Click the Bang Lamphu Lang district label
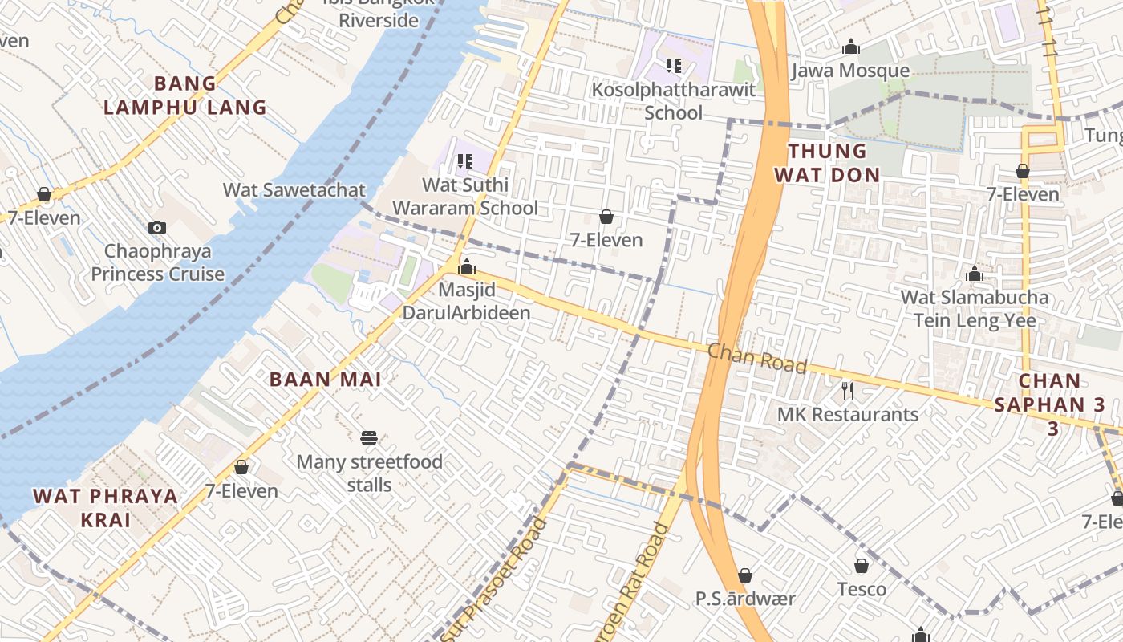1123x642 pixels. pyautogui.click(x=185, y=95)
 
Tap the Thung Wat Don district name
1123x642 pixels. pyautogui.click(x=827, y=163)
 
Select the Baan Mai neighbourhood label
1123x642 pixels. pyautogui.click(x=325, y=379)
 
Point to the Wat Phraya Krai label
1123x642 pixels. pyautogui.click(x=106, y=507)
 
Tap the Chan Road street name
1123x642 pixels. pyautogui.click(x=757, y=359)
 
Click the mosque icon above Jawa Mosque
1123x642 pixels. pyautogui.click(x=851, y=47)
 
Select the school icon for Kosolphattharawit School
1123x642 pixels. pyautogui.click(x=674, y=66)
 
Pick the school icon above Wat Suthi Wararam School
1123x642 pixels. pyautogui.click(x=464, y=161)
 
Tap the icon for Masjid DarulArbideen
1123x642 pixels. pyautogui.click(x=466, y=266)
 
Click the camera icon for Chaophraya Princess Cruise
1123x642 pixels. pyautogui.click(x=157, y=228)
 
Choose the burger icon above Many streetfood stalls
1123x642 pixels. pyautogui.click(x=369, y=438)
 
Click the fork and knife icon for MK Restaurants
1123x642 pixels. pyautogui.click(x=848, y=391)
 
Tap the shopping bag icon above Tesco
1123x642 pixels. pyautogui.click(x=862, y=567)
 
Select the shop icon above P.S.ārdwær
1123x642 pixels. pyautogui.click(x=744, y=575)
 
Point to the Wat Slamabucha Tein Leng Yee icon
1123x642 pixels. pyautogui.click(x=975, y=274)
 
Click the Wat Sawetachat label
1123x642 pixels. pyautogui.click(x=294, y=190)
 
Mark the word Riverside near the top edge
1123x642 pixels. pyautogui.click(x=379, y=20)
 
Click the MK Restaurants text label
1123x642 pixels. pyautogui.click(x=848, y=415)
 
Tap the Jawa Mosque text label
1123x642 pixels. pyautogui.click(x=850, y=71)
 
